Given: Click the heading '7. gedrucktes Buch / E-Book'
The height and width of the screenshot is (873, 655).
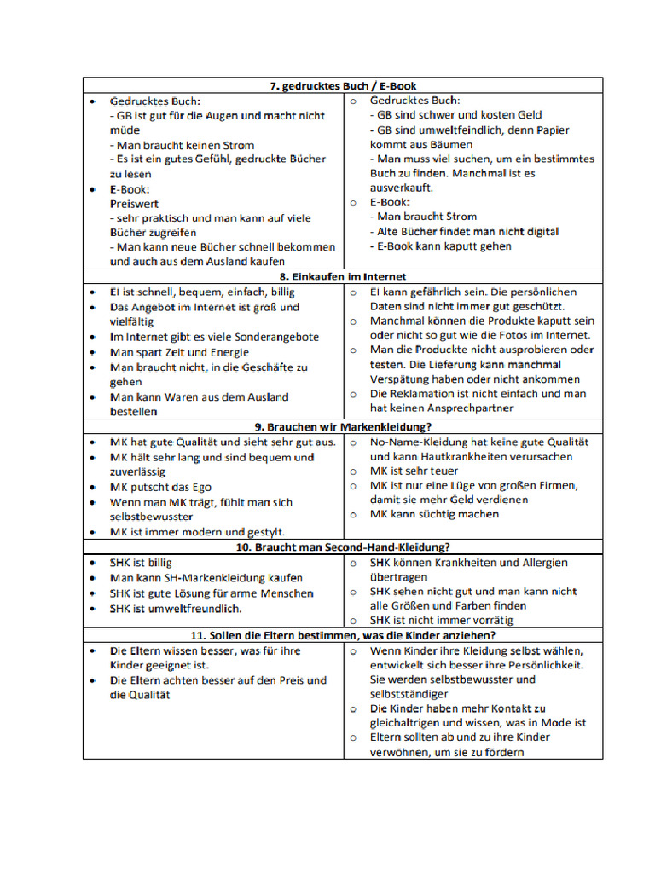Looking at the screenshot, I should coord(342,86).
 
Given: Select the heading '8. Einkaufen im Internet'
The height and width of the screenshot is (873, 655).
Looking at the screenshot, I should coord(342,277).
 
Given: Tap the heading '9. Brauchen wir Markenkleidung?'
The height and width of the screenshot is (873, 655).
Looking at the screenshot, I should coord(343,426).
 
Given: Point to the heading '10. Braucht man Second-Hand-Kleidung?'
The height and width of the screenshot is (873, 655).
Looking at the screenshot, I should coord(343,546).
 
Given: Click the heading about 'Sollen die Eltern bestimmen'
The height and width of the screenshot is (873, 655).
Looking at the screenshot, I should coord(343,636).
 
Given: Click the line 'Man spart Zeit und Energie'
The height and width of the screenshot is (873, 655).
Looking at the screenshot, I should coord(180,352).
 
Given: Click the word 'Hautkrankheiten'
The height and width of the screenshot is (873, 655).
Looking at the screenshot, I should coord(438,456).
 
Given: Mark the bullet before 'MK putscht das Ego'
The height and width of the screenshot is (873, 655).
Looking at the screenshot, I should coord(93,488).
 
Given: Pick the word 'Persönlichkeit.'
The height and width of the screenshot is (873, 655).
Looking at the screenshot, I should coord(542,665).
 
